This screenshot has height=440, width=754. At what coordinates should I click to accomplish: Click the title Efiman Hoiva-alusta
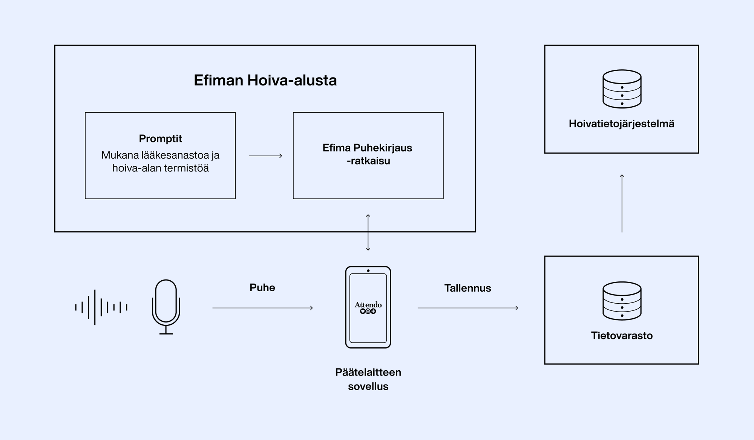pyautogui.click(x=265, y=80)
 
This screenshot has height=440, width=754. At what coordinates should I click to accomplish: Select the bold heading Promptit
pyautogui.click(x=160, y=139)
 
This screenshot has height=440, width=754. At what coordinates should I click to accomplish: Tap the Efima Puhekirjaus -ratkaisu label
pyautogui.click(x=368, y=154)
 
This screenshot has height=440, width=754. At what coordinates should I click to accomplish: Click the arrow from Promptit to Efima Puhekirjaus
pyautogui.click(x=265, y=156)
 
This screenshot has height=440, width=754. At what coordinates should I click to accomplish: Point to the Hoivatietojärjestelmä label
pyautogui.click(x=621, y=124)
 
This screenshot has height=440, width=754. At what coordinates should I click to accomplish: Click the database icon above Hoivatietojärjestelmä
pyautogui.click(x=622, y=89)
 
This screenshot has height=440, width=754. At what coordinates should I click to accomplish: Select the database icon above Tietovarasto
pyautogui.click(x=622, y=301)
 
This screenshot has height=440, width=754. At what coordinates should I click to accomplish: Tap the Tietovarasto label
pyautogui.click(x=621, y=335)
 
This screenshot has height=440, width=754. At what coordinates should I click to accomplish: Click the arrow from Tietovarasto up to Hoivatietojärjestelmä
pyautogui.click(x=622, y=203)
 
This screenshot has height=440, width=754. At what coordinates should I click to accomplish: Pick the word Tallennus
pyautogui.click(x=467, y=288)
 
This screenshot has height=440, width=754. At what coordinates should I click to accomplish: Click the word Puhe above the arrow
pyautogui.click(x=262, y=287)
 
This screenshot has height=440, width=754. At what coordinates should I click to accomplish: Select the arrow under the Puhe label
pyautogui.click(x=262, y=308)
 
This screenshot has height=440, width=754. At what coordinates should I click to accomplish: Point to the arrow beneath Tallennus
pyautogui.click(x=467, y=308)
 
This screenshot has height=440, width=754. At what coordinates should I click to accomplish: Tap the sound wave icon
pyautogui.click(x=101, y=307)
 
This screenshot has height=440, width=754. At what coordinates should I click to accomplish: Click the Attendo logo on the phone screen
pyautogui.click(x=368, y=307)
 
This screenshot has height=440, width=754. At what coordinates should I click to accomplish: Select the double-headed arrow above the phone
pyautogui.click(x=368, y=232)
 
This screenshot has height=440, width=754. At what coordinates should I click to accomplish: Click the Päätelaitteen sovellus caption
pyautogui.click(x=368, y=379)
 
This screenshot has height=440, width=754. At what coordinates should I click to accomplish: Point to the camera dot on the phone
pyautogui.click(x=368, y=270)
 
